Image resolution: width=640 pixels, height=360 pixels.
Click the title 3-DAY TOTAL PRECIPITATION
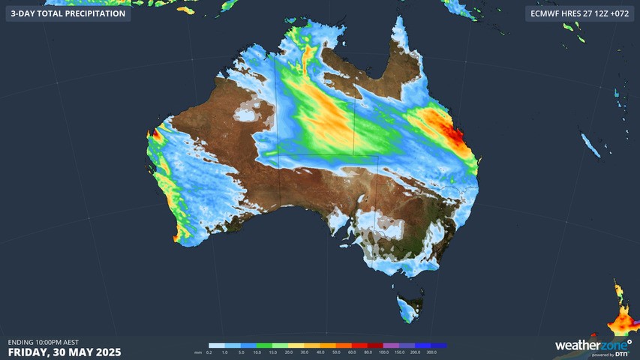coord(68,13)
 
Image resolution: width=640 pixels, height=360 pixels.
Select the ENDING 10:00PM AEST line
coord(44,342)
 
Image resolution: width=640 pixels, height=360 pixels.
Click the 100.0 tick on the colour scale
coord(383,352)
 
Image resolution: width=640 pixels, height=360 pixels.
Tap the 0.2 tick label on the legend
coord(209,352)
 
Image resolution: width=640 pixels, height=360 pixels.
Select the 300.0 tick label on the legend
coord(431,352)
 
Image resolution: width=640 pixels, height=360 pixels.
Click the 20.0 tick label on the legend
coord(289,352)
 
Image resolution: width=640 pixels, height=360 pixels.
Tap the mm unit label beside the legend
coord(198,352)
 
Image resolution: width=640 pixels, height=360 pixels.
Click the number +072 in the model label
coord(620,13)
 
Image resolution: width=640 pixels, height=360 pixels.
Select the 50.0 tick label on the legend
coord(336,352)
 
